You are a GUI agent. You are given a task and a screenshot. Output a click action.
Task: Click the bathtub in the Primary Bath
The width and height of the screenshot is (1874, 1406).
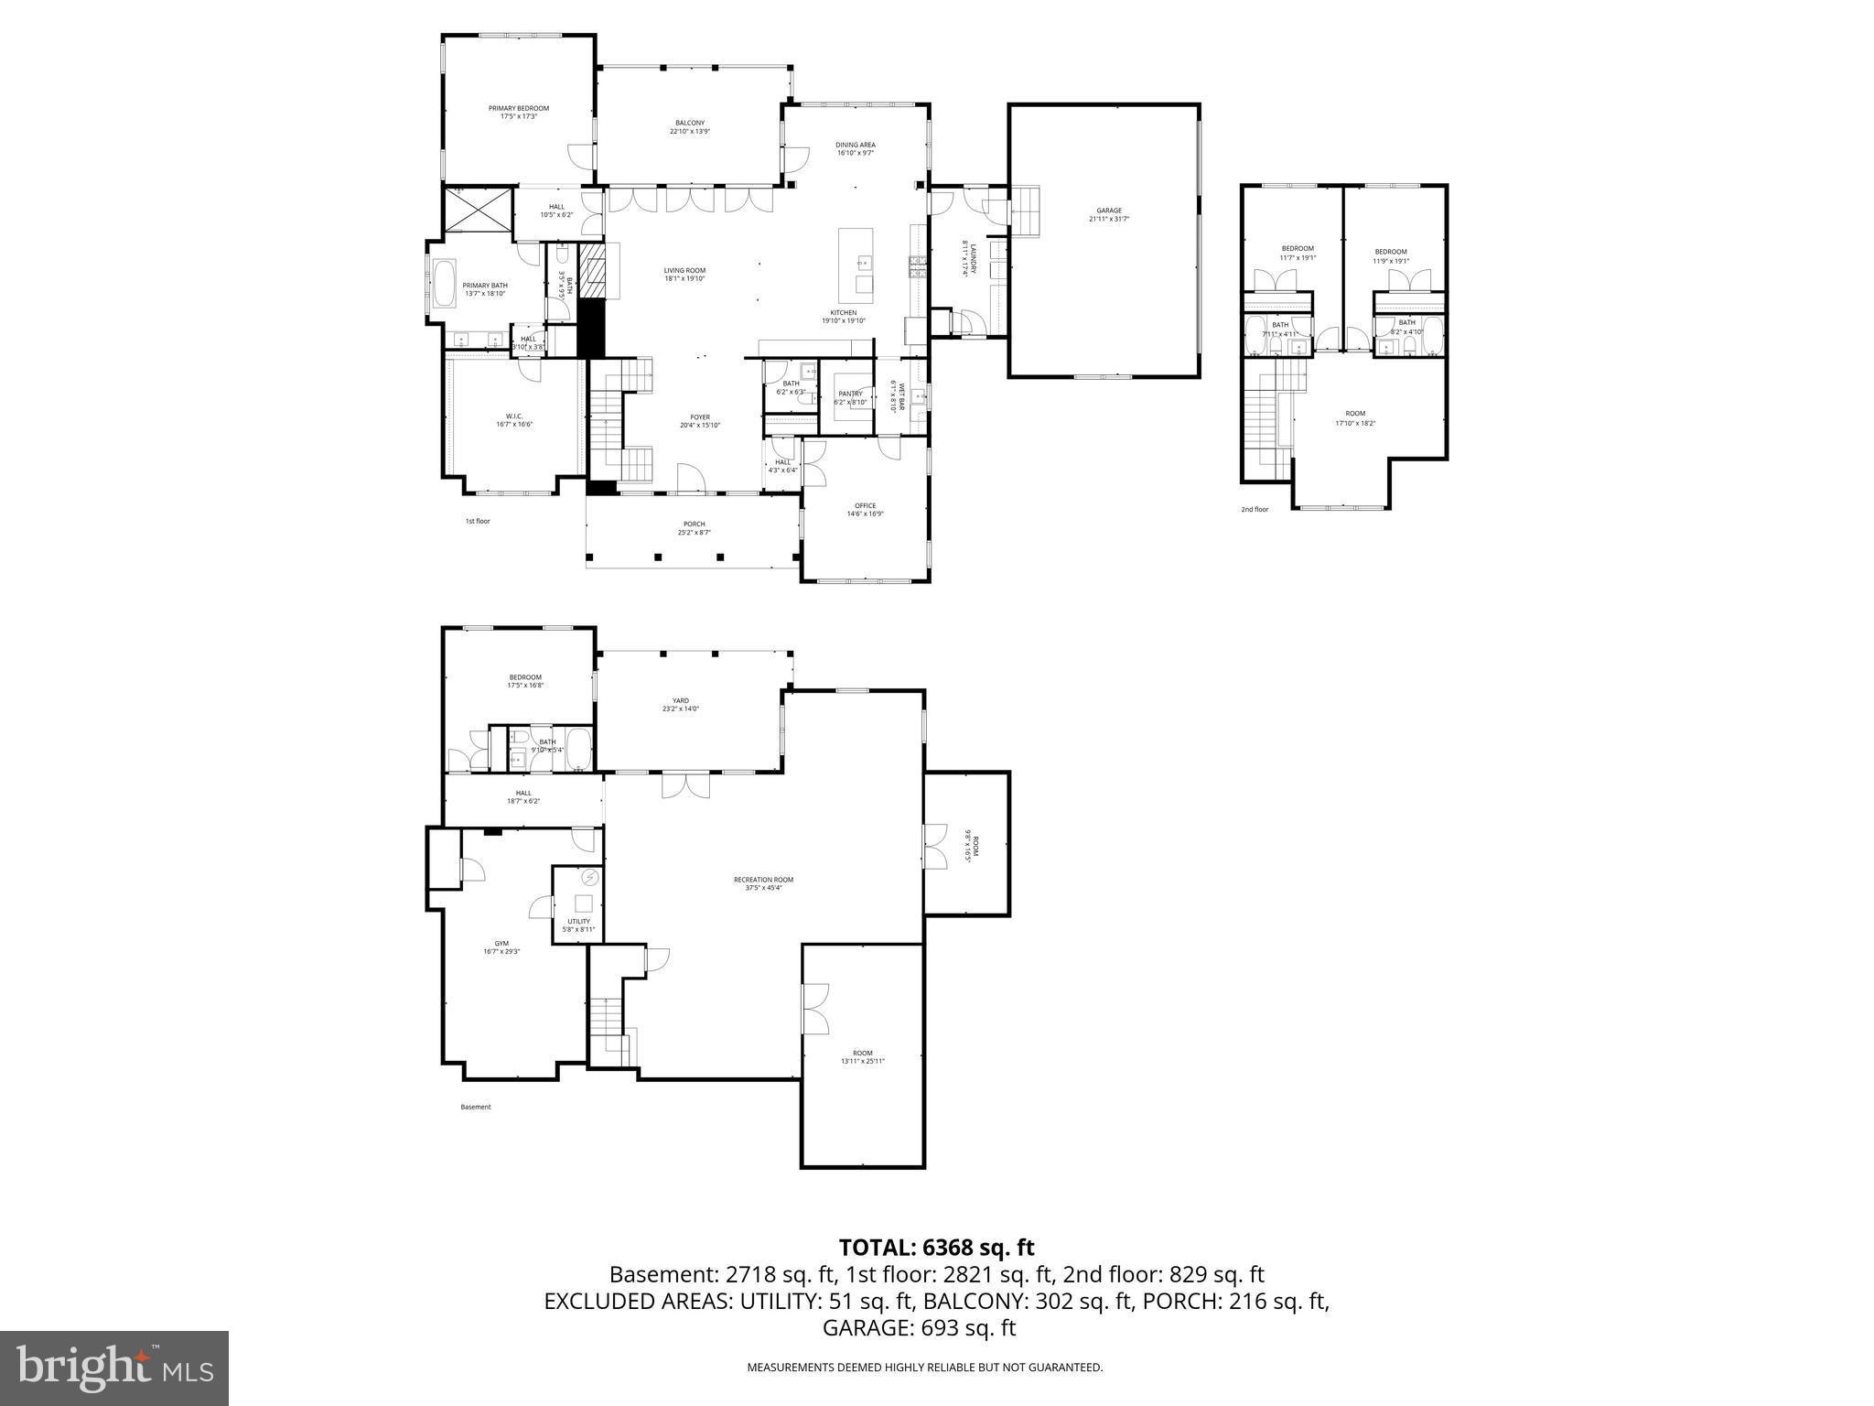click(x=445, y=284)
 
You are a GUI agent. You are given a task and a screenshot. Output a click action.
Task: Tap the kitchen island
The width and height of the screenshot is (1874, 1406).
click(x=857, y=261)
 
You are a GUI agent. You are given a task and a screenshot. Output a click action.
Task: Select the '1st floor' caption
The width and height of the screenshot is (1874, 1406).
click(x=478, y=521)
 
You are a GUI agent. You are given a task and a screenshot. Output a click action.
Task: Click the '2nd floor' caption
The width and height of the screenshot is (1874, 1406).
click(x=1255, y=509)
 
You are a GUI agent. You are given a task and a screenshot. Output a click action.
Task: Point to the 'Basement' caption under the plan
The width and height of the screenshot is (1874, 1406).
click(x=476, y=1107)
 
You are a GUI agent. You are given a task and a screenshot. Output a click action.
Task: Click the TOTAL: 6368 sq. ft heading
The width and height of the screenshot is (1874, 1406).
click(x=936, y=1247)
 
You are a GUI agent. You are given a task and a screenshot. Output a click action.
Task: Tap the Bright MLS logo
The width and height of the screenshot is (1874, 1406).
click(x=114, y=1368)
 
